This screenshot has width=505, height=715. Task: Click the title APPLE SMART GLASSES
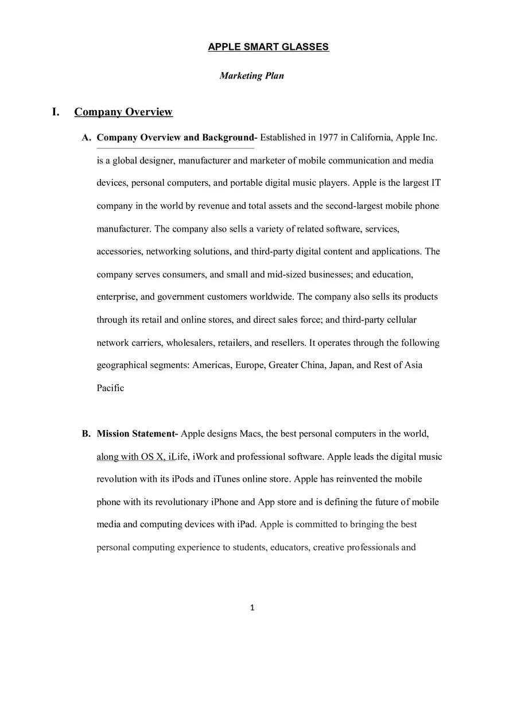[x=268, y=47]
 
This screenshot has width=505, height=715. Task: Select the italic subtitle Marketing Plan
[x=251, y=76]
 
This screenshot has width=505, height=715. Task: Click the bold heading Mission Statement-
[x=137, y=433]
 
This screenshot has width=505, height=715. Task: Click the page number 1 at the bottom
[x=252, y=608]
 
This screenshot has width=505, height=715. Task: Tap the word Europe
[x=249, y=365]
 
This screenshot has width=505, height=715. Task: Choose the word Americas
[x=211, y=365]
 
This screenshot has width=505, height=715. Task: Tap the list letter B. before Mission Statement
[x=86, y=433]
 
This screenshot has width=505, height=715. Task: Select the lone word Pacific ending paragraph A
[x=110, y=388]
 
